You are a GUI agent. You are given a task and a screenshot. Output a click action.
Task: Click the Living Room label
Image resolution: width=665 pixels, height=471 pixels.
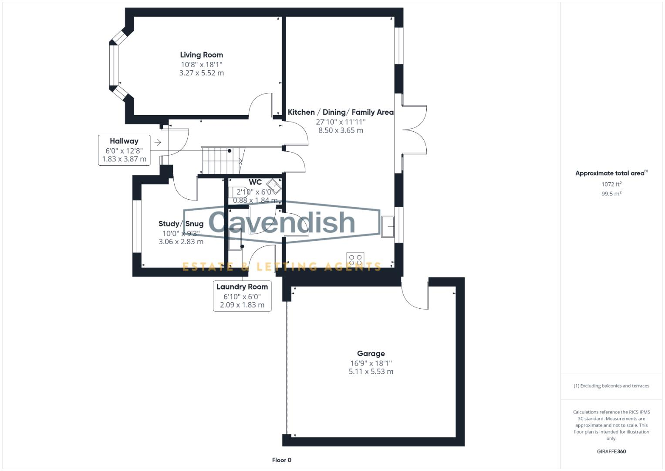201,55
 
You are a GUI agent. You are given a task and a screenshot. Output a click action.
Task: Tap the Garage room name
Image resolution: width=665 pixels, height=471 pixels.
371,354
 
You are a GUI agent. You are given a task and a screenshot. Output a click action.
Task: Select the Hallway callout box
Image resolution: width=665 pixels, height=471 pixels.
124,150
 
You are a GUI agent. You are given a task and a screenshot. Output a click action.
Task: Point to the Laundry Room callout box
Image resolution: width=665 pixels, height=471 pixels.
242,296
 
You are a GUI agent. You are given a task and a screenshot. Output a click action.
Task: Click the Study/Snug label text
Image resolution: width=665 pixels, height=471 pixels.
181,224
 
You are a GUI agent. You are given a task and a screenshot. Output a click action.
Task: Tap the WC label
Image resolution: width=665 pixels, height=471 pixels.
255,182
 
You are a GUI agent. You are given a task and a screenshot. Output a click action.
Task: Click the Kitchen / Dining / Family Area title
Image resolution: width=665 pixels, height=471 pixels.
341,113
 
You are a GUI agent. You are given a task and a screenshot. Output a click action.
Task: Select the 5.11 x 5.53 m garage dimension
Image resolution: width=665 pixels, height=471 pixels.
371,372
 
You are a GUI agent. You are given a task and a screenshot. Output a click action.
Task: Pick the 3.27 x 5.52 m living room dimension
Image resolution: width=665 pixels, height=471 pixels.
201,73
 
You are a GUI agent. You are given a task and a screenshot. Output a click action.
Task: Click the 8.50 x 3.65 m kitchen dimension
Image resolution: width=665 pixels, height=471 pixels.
341,130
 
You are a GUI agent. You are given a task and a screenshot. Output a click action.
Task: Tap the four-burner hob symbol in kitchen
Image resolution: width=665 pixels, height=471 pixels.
355,260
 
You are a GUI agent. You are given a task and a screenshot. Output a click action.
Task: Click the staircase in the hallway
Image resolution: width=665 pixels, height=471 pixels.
221,160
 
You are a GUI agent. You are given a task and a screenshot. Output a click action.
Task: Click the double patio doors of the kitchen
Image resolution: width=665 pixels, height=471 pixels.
414,130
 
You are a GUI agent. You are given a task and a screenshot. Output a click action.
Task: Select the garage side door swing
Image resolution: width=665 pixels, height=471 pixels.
414,297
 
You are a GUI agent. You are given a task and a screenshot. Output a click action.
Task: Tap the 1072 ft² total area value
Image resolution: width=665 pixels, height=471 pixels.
611,184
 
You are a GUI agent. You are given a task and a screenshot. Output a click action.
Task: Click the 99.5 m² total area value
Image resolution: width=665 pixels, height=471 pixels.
611,194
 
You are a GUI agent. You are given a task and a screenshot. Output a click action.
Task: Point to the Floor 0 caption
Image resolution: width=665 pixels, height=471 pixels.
281,460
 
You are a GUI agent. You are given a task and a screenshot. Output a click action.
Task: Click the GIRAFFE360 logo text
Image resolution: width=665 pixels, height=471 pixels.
611,452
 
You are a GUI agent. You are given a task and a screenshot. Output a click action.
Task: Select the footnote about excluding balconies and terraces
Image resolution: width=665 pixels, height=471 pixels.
611,386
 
